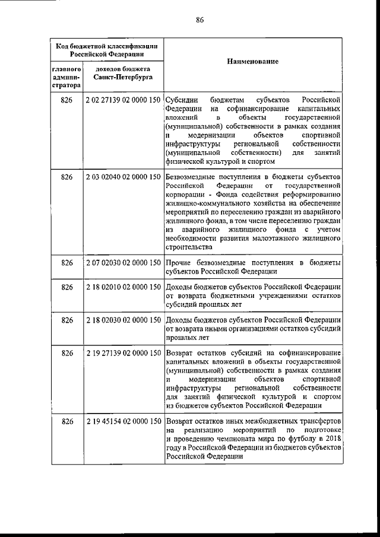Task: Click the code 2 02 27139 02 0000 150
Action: coord(123,101)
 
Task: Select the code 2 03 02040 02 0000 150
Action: coord(123,177)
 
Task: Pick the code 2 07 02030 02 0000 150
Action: coord(123,262)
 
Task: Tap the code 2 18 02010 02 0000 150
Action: coord(123,287)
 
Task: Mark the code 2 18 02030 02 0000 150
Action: coord(123,320)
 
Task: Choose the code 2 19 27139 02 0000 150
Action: coord(123,354)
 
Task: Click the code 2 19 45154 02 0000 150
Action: coord(123,421)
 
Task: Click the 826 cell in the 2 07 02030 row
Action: coord(67,262)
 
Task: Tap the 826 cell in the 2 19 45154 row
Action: coord(67,421)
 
